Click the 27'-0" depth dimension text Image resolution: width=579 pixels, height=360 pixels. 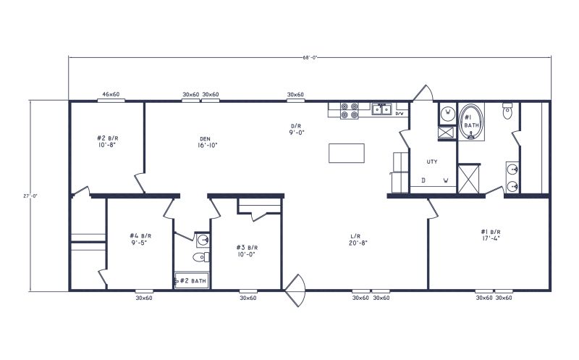click(x=25, y=195)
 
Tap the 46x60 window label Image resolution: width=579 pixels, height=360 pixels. click(x=111, y=94)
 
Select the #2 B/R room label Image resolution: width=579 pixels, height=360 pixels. click(x=106, y=141)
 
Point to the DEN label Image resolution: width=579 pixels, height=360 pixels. click(x=206, y=141)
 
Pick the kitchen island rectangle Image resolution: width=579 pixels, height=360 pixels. click(x=347, y=153)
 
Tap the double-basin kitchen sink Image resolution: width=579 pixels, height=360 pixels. click(x=381, y=110)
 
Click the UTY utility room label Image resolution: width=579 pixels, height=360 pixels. click(x=433, y=162)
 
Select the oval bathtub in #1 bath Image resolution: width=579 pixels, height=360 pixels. click(x=471, y=121)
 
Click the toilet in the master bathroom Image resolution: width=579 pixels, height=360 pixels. click(x=507, y=112)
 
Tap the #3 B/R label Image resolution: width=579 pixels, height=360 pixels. click(x=248, y=251)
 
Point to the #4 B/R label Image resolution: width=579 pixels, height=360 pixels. click(x=140, y=239)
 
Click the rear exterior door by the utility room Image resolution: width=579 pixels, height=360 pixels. click(x=422, y=93)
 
